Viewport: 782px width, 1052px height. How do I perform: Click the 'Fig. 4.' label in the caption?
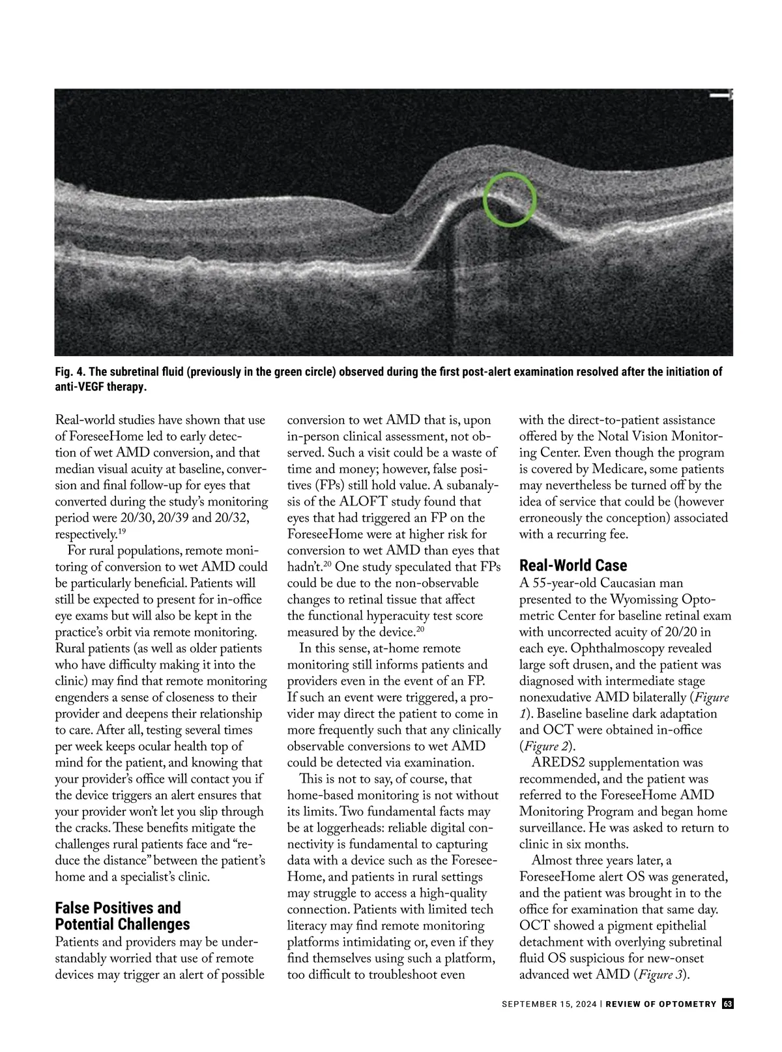[70, 372]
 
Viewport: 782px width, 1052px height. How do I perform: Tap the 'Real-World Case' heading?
[573, 565]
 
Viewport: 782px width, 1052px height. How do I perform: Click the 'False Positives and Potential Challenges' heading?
[122, 916]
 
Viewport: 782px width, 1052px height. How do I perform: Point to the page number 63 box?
[728, 1004]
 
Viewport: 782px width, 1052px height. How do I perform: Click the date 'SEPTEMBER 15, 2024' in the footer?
[549, 1004]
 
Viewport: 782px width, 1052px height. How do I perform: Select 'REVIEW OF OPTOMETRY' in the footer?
[661, 1004]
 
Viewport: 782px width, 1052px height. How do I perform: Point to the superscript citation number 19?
[123, 532]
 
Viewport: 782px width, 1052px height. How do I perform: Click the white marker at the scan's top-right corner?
[721, 95]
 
